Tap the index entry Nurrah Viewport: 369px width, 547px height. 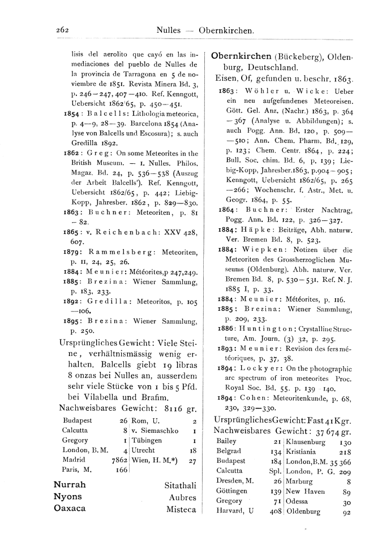(70, 485)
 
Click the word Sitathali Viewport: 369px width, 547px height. (180, 485)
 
